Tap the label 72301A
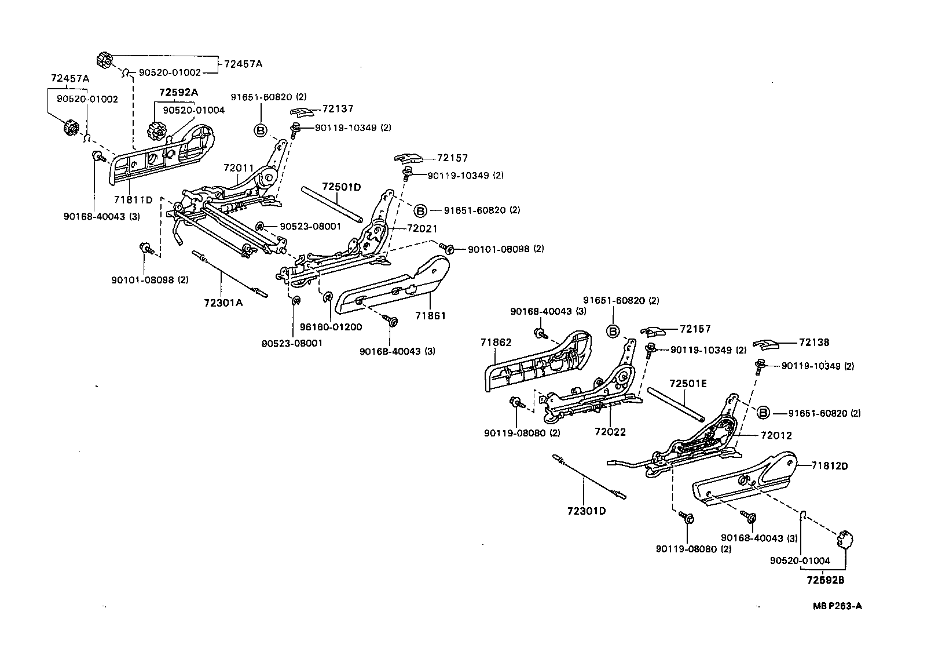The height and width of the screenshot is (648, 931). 223,302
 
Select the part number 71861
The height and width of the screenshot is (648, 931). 430,316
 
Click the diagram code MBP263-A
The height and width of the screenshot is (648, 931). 837,606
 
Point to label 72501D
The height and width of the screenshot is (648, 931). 342,187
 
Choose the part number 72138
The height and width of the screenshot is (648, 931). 814,343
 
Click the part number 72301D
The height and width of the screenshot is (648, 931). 587,511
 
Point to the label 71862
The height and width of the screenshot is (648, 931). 496,343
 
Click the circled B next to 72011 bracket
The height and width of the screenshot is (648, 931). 261,130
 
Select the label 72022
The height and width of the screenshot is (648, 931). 610,432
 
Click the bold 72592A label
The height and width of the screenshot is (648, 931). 179,92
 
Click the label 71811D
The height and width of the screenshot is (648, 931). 133,200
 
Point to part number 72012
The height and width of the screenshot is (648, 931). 776,435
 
